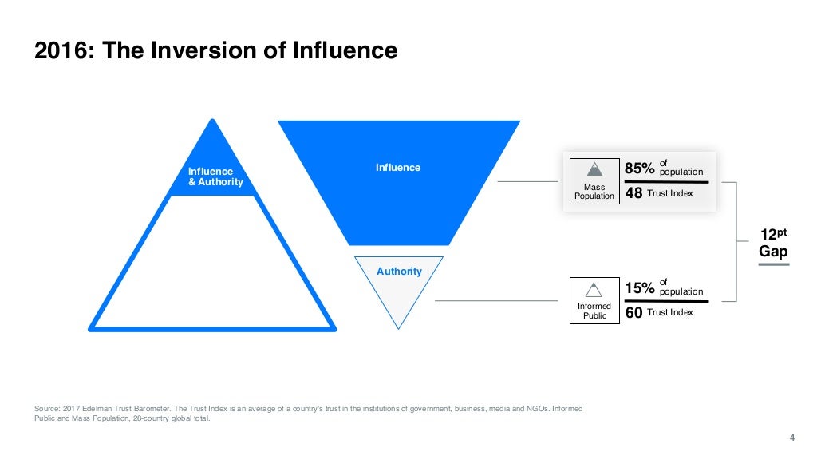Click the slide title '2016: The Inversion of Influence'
coord(216,51)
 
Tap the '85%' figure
coord(640,169)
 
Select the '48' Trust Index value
coord(634,193)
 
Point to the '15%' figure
coord(640,287)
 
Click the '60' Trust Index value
coord(634,313)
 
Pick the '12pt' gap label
coord(772,236)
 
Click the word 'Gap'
coord(772,252)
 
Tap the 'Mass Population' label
coord(594,192)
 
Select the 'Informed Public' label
coord(594,311)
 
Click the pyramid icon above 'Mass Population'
coord(594,169)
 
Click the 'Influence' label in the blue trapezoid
coord(398,168)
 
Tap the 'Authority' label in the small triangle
coord(399,272)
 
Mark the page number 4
coord(791,436)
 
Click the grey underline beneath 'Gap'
coord(772,264)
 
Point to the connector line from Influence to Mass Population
coord(530,181)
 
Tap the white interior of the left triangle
coord(214,264)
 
